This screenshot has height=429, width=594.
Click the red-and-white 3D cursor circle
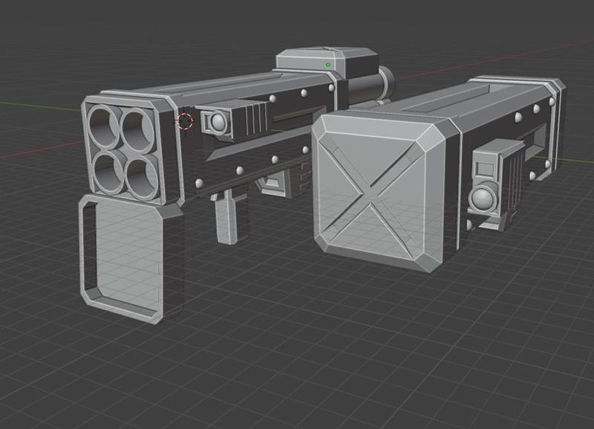[186, 121]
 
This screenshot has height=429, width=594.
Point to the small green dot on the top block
[327, 65]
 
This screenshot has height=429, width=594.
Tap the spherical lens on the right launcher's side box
[483, 199]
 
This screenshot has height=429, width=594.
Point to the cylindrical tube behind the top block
[368, 85]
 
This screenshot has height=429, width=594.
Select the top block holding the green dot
[327, 62]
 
